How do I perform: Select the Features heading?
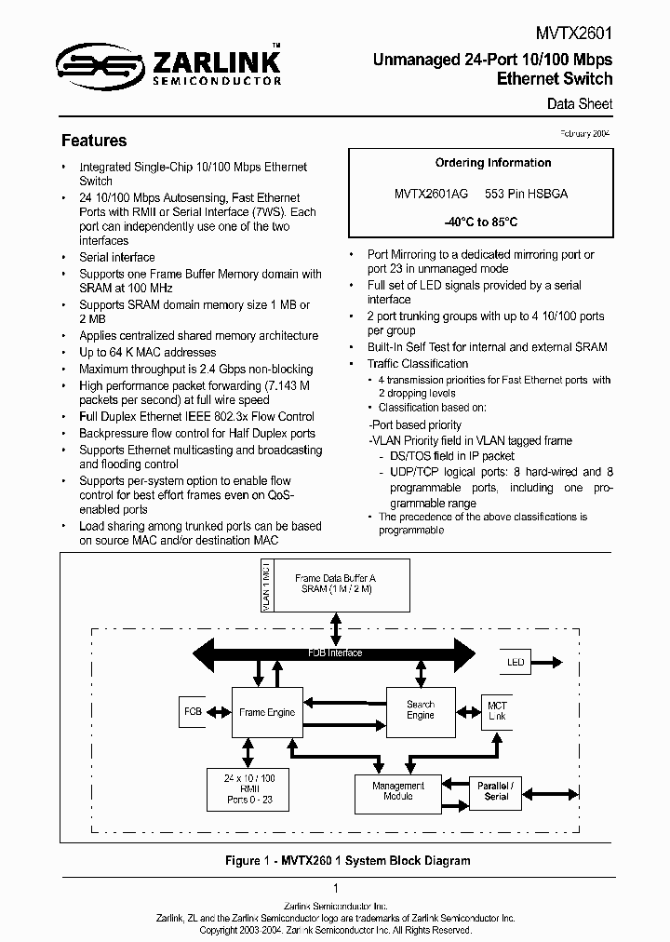tap(94, 141)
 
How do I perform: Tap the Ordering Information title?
tap(493, 163)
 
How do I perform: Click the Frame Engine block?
tap(268, 712)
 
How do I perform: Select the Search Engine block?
tap(421, 709)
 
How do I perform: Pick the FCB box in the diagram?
tap(193, 712)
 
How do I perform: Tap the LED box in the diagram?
tap(516, 663)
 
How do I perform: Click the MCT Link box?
tap(497, 712)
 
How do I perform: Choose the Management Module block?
tap(398, 791)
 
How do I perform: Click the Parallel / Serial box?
tap(496, 791)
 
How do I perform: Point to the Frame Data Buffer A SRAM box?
tap(335, 584)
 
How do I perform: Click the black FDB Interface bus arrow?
tap(335, 653)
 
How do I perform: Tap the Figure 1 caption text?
tap(336, 861)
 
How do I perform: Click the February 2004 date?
tap(585, 134)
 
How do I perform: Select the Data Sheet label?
tap(580, 104)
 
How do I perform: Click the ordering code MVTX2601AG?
tap(431, 194)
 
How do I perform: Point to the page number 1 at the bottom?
tap(335, 889)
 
